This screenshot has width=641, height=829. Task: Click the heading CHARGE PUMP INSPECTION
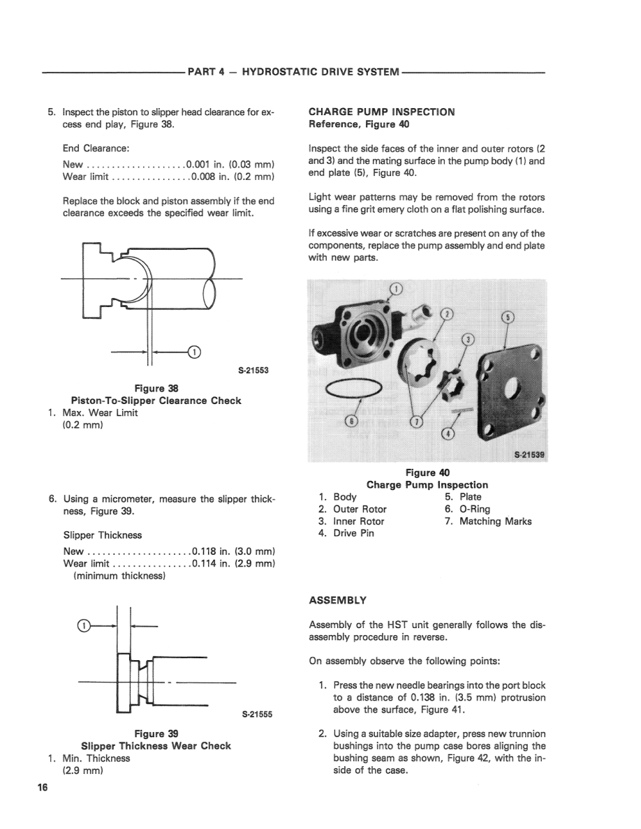click(381, 112)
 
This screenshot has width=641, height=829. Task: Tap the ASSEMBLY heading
click(337, 600)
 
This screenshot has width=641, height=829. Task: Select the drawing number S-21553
click(254, 371)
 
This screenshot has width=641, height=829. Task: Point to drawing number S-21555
click(257, 715)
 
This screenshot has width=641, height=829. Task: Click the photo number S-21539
click(530, 455)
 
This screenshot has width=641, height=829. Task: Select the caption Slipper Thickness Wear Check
click(156, 746)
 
